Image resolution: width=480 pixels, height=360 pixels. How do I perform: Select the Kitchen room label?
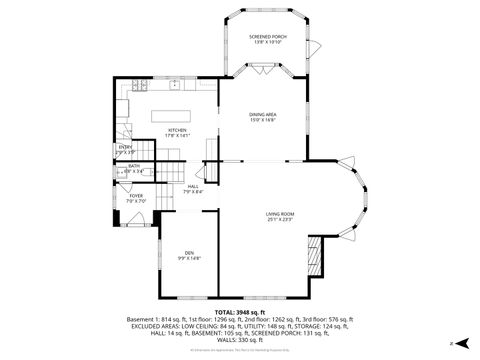coord(177,130)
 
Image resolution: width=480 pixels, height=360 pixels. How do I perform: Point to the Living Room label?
coord(279,214)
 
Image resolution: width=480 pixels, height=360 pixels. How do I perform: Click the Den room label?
coord(189,252)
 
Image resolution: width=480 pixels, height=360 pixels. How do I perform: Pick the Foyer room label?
coord(136,196)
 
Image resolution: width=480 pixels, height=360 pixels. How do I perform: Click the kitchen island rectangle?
coord(171,115)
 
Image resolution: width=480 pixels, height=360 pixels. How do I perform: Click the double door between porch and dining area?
coord(262,70)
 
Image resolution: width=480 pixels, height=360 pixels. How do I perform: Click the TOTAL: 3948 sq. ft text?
coord(239,312)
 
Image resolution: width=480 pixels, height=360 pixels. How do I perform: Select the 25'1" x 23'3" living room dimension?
coord(279,220)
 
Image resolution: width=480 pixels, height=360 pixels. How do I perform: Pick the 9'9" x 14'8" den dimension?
coord(189,258)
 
